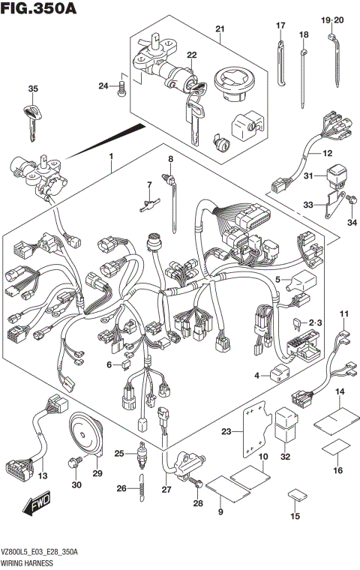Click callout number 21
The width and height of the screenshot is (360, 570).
(219, 29)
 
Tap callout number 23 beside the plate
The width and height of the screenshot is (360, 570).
(227, 431)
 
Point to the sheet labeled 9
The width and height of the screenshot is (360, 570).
(222, 488)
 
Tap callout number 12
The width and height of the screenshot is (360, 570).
(327, 154)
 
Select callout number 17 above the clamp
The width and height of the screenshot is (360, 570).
(280, 26)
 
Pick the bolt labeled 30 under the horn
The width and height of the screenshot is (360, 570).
(75, 463)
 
